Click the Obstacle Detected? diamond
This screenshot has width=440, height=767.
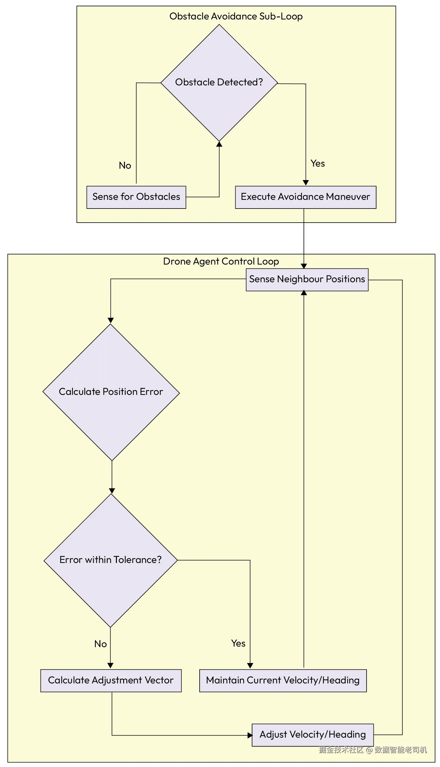(x=219, y=82)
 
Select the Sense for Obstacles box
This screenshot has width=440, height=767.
(x=136, y=197)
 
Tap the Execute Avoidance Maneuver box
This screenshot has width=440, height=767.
(x=305, y=197)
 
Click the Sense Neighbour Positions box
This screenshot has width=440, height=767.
(x=307, y=280)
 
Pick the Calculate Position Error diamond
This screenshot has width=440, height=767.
(x=111, y=392)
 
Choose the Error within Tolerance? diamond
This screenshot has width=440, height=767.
(x=111, y=560)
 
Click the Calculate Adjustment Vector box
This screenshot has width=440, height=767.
(x=111, y=680)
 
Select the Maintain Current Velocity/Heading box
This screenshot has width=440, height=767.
(x=283, y=680)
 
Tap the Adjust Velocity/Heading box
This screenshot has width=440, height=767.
(x=313, y=735)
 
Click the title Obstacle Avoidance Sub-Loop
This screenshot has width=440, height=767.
(x=236, y=16)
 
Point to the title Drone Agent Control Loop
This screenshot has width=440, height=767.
(x=221, y=261)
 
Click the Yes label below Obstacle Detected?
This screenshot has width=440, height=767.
(x=318, y=163)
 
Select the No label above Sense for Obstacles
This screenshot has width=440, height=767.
(x=125, y=166)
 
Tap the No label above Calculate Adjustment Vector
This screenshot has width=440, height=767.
(x=100, y=644)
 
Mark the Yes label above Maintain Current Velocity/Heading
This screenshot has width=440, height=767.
(x=238, y=644)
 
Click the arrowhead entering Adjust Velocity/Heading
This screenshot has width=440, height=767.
(x=250, y=735)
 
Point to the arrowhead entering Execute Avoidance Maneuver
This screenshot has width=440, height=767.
(x=306, y=183)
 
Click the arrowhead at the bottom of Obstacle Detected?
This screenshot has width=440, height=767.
(x=219, y=144)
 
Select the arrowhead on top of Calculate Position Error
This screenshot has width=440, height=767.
(x=111, y=321)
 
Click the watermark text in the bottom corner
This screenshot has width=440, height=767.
(x=373, y=750)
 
